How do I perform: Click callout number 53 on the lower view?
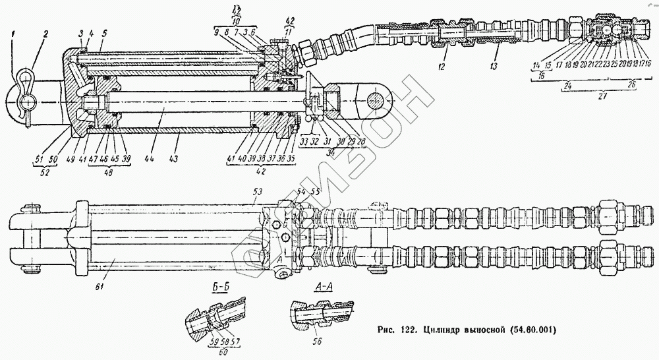click(257, 191)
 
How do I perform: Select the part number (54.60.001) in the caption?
click(527, 328)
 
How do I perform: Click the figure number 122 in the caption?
click(407, 328)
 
